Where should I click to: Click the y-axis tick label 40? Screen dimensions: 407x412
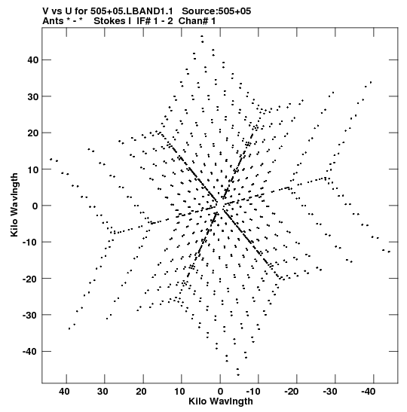[x=33, y=60]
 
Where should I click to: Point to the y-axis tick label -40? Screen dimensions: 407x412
[x=30, y=351]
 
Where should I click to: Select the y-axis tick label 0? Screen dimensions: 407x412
[x=35, y=206]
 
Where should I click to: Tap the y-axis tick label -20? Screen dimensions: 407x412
[x=30, y=279]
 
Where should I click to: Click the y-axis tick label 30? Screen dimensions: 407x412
[x=33, y=96]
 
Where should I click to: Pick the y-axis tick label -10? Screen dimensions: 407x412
[x=30, y=242]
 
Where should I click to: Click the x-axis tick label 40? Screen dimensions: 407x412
[x=64, y=392]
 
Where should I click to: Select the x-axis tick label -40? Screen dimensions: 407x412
[x=369, y=392]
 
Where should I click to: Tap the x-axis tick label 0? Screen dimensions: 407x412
[x=220, y=392]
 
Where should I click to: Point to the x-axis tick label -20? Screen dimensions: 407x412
[x=292, y=392]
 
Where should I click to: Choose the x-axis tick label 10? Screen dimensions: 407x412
[x=179, y=392]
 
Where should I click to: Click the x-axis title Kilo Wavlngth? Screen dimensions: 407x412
[x=221, y=401]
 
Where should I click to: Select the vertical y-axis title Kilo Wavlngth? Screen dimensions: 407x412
[x=14, y=205]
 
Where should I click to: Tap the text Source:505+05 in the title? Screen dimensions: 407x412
[x=216, y=11]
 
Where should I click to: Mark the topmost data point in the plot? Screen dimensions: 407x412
[x=202, y=36]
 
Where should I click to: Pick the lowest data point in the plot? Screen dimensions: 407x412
[x=238, y=375]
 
